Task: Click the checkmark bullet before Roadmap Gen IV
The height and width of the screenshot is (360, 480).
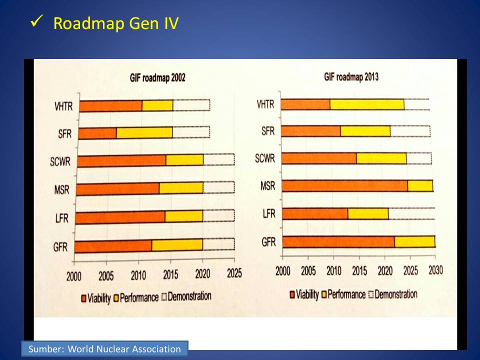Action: click(x=36, y=22)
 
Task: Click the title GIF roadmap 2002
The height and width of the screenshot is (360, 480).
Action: click(x=154, y=78)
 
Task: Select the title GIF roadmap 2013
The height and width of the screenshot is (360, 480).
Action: click(x=351, y=77)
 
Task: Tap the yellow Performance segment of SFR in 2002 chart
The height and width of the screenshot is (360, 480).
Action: click(x=144, y=132)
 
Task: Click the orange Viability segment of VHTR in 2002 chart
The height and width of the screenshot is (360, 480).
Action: click(x=111, y=105)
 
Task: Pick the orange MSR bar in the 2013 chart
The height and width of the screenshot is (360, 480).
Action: click(x=345, y=185)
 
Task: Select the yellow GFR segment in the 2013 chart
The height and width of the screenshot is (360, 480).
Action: click(x=414, y=241)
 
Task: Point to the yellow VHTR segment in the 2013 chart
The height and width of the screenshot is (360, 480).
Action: click(x=367, y=104)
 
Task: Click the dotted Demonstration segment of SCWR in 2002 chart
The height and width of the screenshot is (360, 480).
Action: click(x=218, y=160)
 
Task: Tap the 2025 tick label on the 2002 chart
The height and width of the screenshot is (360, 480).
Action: click(x=234, y=273)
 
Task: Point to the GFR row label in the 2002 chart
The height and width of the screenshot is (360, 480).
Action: click(x=60, y=247)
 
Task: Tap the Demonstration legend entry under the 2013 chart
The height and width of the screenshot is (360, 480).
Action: click(x=392, y=294)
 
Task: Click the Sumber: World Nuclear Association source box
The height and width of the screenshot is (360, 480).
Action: click(x=104, y=348)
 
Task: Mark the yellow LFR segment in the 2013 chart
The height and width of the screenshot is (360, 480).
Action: click(x=368, y=213)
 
